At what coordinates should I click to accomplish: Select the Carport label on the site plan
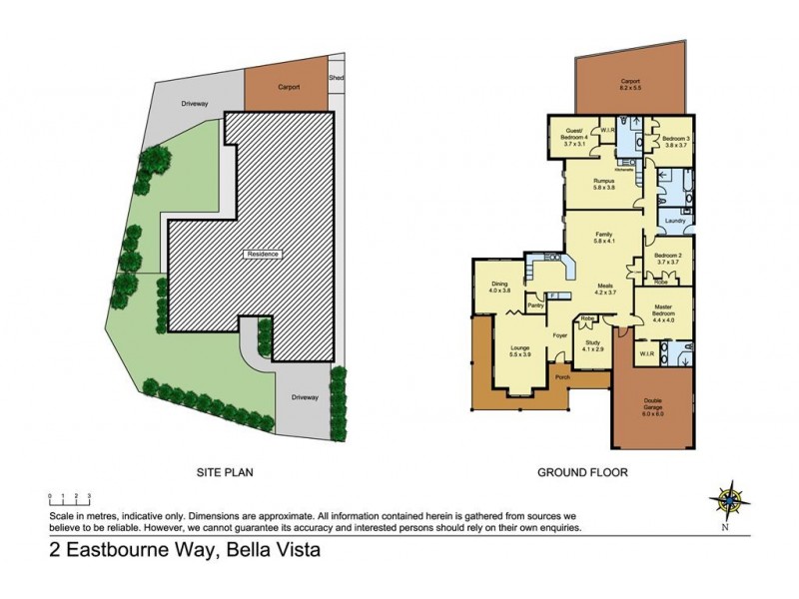[x=286, y=86]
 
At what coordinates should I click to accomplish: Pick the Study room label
[x=593, y=344]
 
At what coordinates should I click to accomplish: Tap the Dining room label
[x=500, y=285]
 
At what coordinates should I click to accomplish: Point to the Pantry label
[x=535, y=306]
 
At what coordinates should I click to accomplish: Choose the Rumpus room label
[x=602, y=184]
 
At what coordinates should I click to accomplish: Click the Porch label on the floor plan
[x=562, y=377]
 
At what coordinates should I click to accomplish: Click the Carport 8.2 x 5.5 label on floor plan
[x=629, y=86]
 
